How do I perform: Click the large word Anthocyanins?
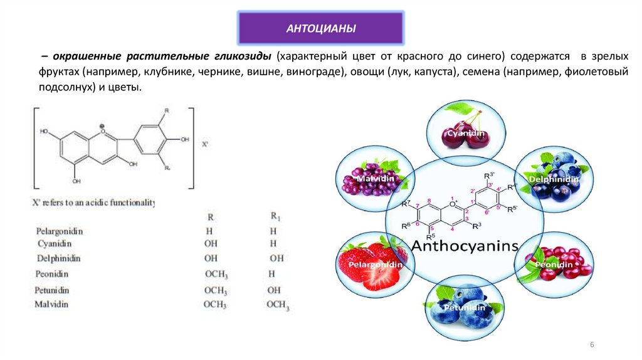[x=465, y=245]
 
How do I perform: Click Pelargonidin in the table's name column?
[x=60, y=231]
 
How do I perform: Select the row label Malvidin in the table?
[x=51, y=304]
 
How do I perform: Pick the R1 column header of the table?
[x=275, y=216]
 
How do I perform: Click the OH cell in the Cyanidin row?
[x=211, y=243]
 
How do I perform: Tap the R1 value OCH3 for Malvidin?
[x=278, y=305]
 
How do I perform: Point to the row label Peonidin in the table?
[x=52, y=274]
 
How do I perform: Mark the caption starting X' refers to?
[x=93, y=203]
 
